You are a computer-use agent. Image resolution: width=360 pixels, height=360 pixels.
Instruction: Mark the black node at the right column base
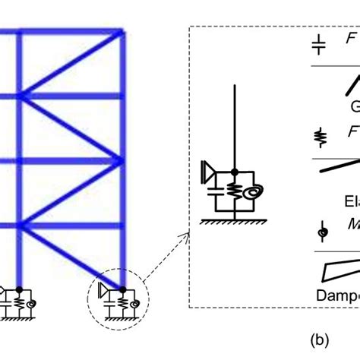click(x=122, y=288)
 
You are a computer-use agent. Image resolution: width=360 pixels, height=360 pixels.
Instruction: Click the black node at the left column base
click(x=17, y=289)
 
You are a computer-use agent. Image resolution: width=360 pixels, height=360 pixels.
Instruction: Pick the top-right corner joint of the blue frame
click(x=122, y=33)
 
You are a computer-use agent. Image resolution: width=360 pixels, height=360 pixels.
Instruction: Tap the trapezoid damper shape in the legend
click(x=339, y=267)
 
